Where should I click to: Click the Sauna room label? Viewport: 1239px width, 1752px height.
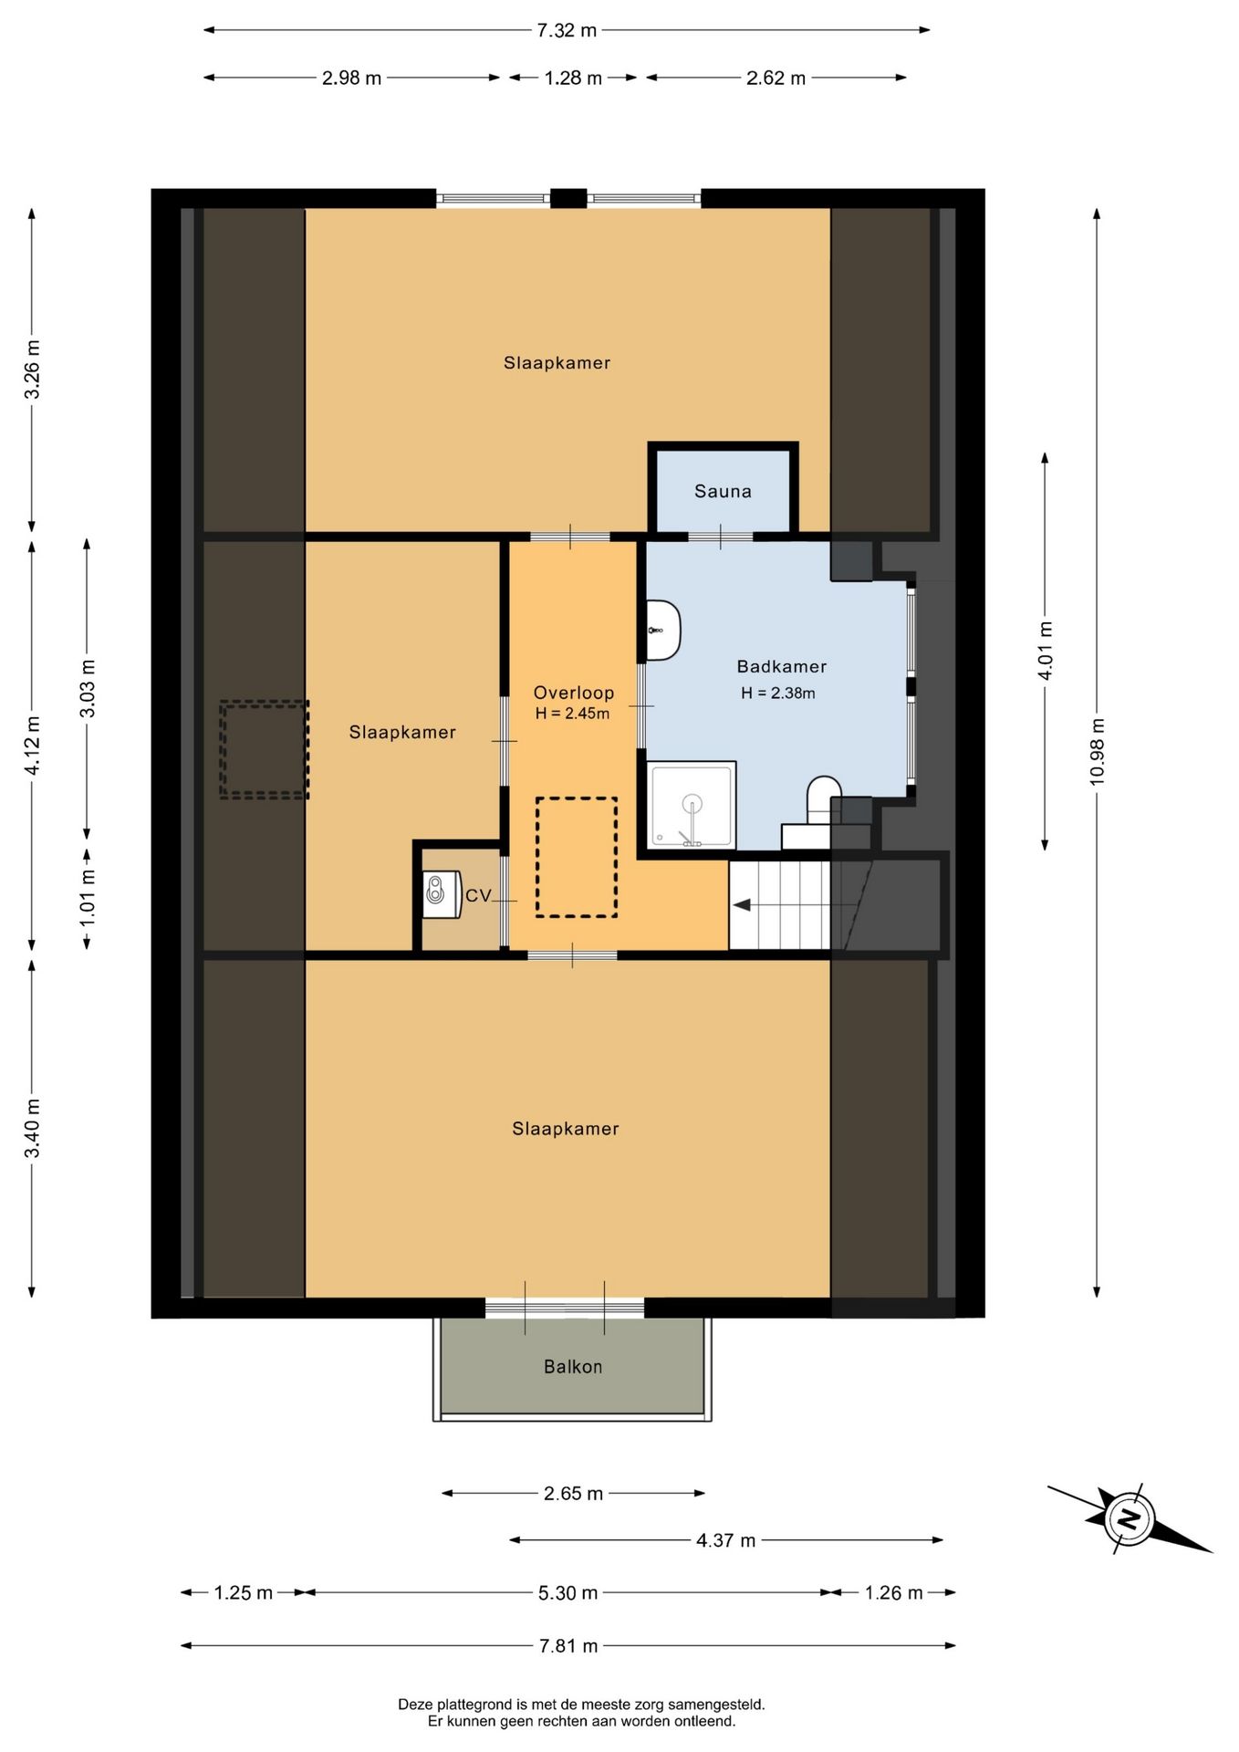coord(723,492)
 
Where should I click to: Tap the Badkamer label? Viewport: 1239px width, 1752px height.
coord(782,667)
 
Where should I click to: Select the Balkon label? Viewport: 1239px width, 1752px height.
coord(573,1367)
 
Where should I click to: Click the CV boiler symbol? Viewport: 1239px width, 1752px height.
coord(441,891)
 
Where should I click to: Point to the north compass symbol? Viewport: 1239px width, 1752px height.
coord(1130,1519)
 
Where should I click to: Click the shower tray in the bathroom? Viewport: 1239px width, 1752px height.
coord(692,805)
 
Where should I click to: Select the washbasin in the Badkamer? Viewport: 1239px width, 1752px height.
coord(663,630)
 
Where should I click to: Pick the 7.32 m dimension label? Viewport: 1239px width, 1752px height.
coord(567,30)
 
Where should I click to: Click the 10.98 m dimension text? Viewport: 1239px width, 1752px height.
coord(1097,751)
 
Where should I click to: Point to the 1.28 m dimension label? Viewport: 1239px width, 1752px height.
coord(573,78)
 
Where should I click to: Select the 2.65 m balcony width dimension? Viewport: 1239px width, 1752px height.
coord(573,1494)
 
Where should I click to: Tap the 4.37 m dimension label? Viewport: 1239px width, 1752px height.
coord(726,1540)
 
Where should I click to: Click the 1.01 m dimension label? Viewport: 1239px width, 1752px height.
coord(88,898)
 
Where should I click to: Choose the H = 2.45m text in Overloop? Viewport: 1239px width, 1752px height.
coord(572,714)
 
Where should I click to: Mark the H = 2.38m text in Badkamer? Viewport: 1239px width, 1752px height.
coord(778,693)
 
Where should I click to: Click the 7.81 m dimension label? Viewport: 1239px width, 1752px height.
coord(568,1646)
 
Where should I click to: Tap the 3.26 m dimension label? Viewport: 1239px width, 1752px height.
coord(32,370)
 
